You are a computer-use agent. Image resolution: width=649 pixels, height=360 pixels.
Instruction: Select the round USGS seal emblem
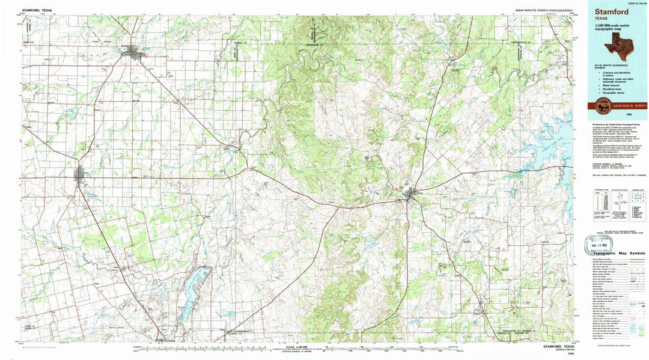pyautogui.click(x=602, y=105)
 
